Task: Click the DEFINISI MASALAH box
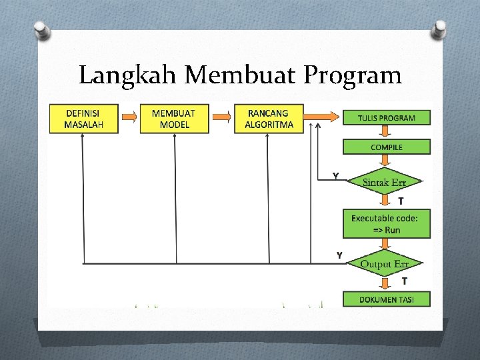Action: click(x=84, y=119)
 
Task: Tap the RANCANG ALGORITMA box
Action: click(x=269, y=119)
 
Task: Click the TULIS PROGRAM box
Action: click(x=387, y=118)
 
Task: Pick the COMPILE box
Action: click(x=387, y=147)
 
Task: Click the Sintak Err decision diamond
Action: click(x=385, y=182)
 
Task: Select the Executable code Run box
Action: click(x=387, y=223)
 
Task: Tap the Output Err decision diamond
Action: click(x=385, y=264)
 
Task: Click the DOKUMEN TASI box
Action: click(x=387, y=299)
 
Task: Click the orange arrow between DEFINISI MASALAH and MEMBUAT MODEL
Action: click(x=129, y=116)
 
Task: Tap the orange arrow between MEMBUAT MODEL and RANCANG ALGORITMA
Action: click(x=221, y=116)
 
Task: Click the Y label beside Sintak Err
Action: click(x=336, y=176)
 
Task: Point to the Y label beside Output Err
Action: click(x=339, y=255)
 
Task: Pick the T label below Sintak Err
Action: click(x=401, y=200)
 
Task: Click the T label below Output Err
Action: click(x=404, y=281)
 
